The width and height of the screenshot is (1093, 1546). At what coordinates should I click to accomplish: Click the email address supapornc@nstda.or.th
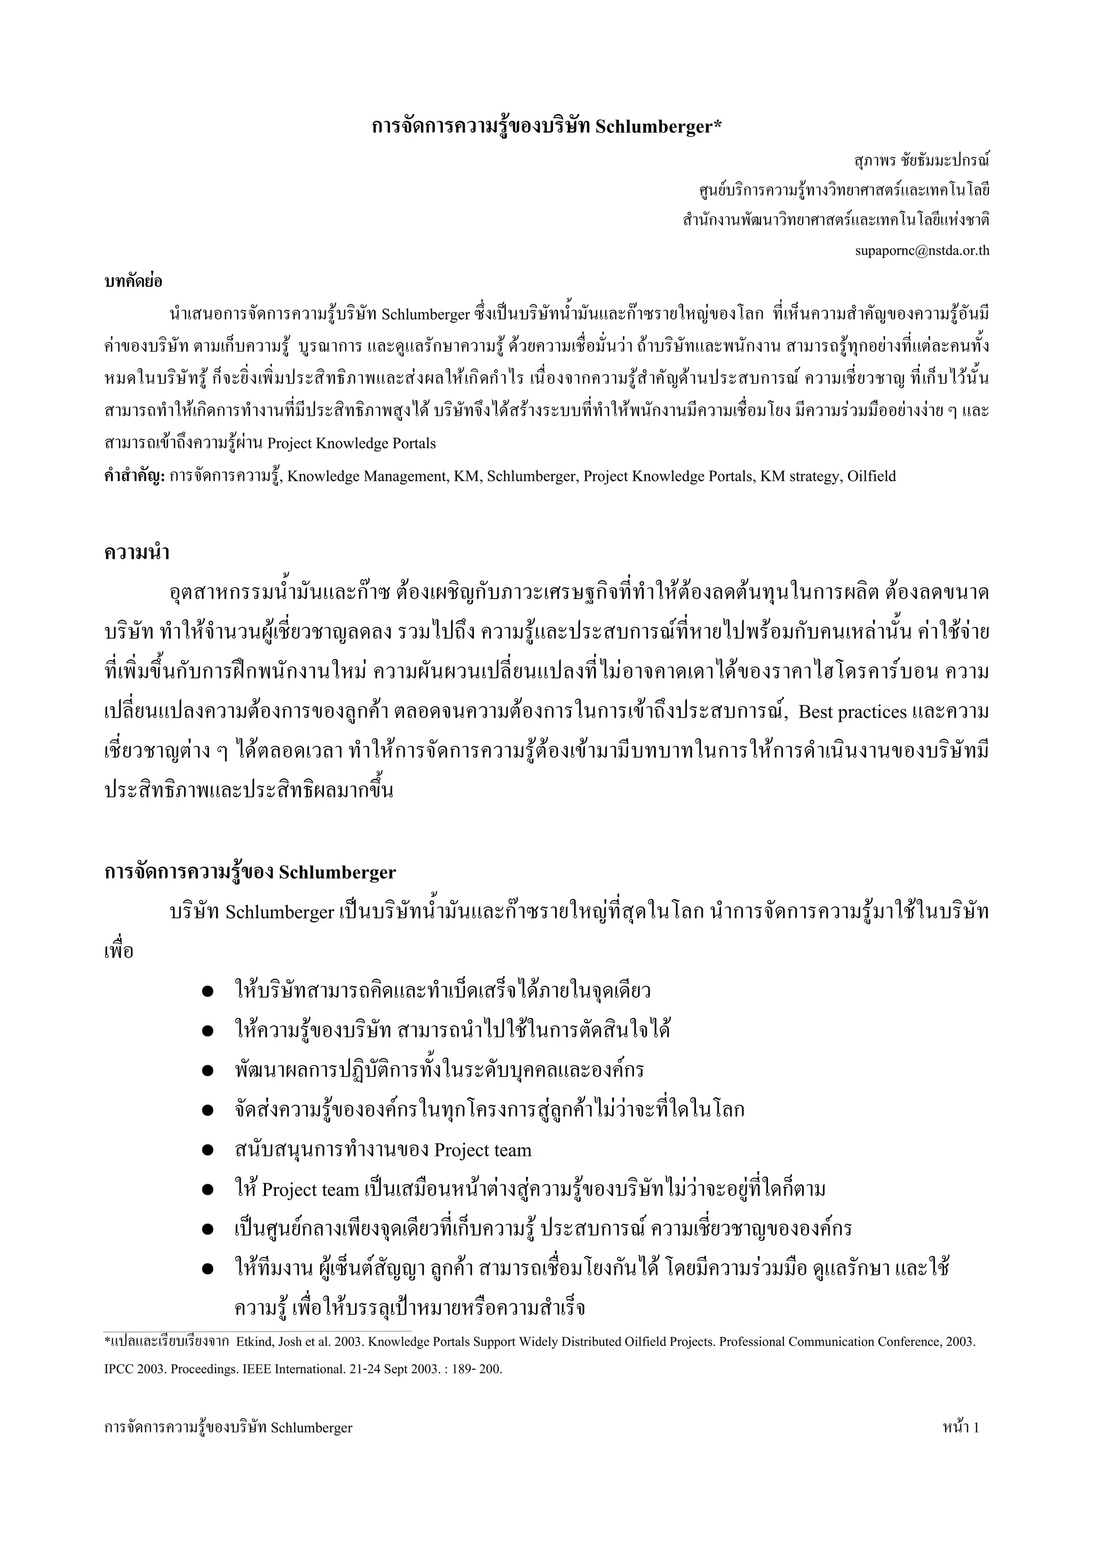922,251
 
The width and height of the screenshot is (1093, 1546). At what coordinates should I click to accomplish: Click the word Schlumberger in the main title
658,126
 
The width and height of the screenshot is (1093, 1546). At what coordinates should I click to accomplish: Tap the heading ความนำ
137,553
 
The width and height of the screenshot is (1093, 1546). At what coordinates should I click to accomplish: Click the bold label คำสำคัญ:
134,476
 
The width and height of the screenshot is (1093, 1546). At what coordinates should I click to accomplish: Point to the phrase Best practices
852,712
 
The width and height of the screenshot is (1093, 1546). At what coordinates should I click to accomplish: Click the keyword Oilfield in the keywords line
872,476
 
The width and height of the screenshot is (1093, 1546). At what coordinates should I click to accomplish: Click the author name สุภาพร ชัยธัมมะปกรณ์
921,161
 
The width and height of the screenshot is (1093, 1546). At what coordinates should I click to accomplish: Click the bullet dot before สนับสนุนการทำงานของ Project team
208,1150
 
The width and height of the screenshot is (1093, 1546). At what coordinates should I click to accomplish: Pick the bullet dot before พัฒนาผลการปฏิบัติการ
208,1071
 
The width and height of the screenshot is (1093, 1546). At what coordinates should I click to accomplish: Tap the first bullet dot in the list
208,991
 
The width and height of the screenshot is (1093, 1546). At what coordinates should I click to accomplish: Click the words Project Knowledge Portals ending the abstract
352,444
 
